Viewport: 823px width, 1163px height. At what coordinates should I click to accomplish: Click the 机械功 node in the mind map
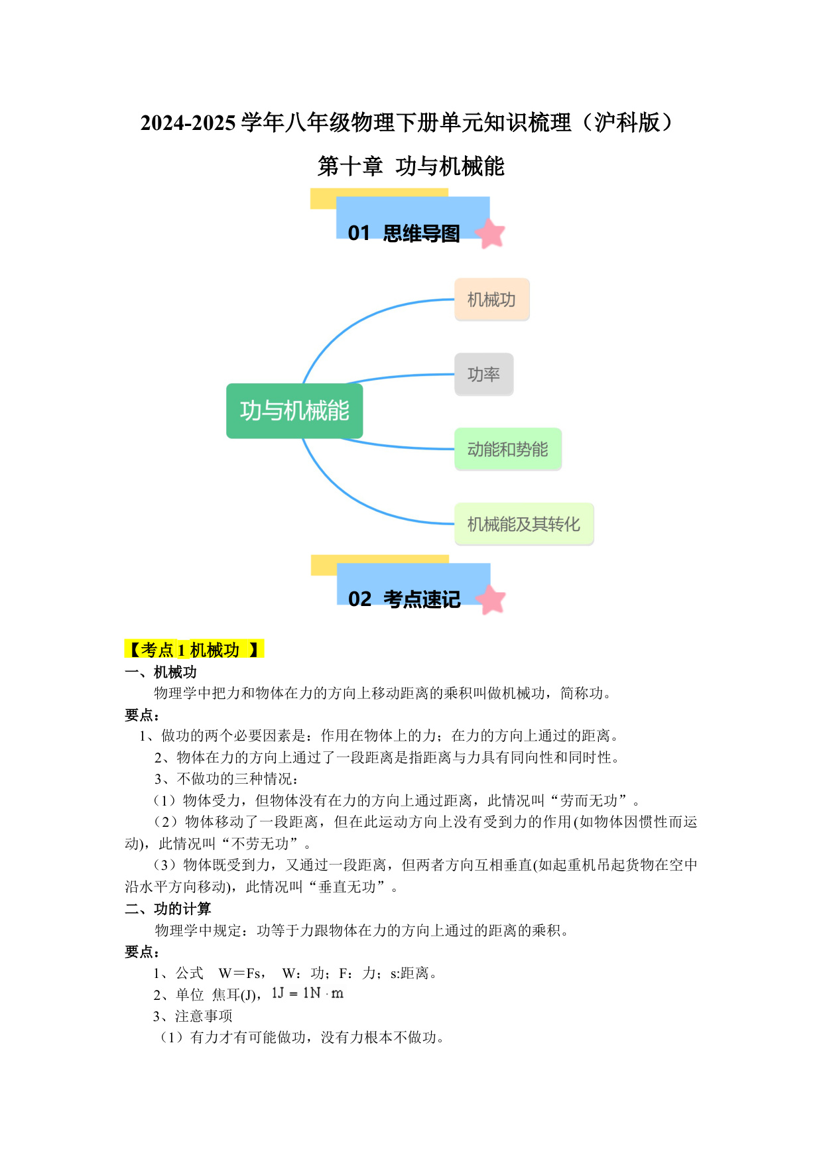(491, 300)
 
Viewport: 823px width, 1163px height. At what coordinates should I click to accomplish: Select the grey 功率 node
(483, 375)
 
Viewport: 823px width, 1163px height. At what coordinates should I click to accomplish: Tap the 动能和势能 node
(507, 450)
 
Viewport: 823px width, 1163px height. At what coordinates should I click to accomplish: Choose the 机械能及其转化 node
(523, 524)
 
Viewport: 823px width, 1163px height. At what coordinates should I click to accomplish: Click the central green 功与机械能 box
(294, 411)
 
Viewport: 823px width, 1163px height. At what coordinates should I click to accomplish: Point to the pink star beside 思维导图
(490, 233)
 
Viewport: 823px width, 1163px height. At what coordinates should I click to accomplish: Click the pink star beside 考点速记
(491, 599)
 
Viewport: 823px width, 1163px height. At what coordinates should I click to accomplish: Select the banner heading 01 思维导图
(404, 233)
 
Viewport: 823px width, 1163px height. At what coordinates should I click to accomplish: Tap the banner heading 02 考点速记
(404, 599)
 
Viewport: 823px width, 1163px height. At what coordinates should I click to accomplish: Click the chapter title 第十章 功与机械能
(411, 166)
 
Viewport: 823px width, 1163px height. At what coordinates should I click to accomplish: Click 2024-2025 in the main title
(188, 123)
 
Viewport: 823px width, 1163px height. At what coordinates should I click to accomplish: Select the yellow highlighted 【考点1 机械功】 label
(194, 649)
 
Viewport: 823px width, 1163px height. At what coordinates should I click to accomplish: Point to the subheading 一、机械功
(160, 672)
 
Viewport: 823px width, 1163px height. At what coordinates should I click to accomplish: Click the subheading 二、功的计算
(168, 909)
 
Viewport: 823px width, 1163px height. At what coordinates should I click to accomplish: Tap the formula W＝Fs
(239, 973)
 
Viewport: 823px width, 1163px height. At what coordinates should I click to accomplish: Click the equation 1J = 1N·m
(308, 993)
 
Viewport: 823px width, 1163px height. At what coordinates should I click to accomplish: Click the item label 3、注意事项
(193, 1016)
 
